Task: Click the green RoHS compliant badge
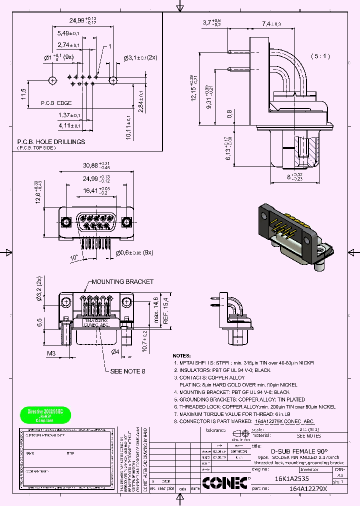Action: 45,414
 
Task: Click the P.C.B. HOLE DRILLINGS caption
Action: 51,142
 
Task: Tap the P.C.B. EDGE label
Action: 56,103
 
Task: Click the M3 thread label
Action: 51,354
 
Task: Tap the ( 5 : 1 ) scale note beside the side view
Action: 320,56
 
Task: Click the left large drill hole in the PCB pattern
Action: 52,80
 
